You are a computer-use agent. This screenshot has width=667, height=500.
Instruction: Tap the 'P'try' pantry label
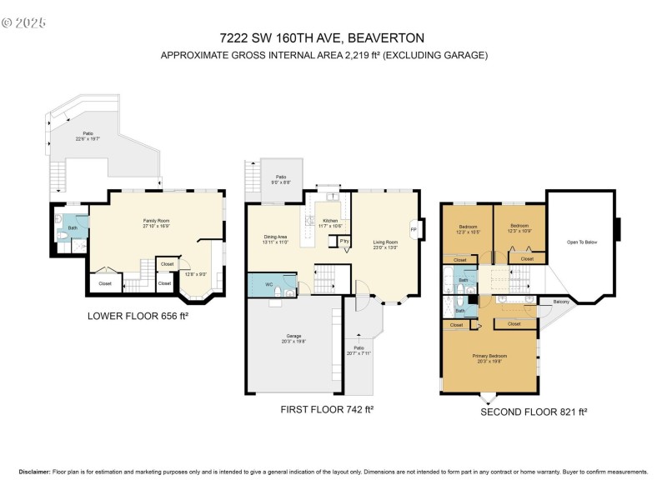pos(344,242)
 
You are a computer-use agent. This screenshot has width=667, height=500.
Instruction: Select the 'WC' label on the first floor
pos(268,284)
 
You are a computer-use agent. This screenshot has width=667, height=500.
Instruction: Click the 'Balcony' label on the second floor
pos(559,302)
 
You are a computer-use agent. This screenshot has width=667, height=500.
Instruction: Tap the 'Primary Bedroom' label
pos(489,356)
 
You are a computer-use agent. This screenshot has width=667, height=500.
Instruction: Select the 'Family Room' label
pos(156,220)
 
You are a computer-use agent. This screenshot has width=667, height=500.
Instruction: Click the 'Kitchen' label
pos(330,221)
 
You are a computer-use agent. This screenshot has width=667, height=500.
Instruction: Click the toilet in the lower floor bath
pos(63,237)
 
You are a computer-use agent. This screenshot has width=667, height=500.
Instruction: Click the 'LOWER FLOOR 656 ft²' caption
pos(134,316)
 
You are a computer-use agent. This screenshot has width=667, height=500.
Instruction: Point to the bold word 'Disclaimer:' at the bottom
pos(34,472)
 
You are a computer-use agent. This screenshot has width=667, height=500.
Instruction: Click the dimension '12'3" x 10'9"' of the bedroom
pos(519,231)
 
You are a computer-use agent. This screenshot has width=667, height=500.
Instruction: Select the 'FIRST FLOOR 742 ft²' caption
pos(327,409)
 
